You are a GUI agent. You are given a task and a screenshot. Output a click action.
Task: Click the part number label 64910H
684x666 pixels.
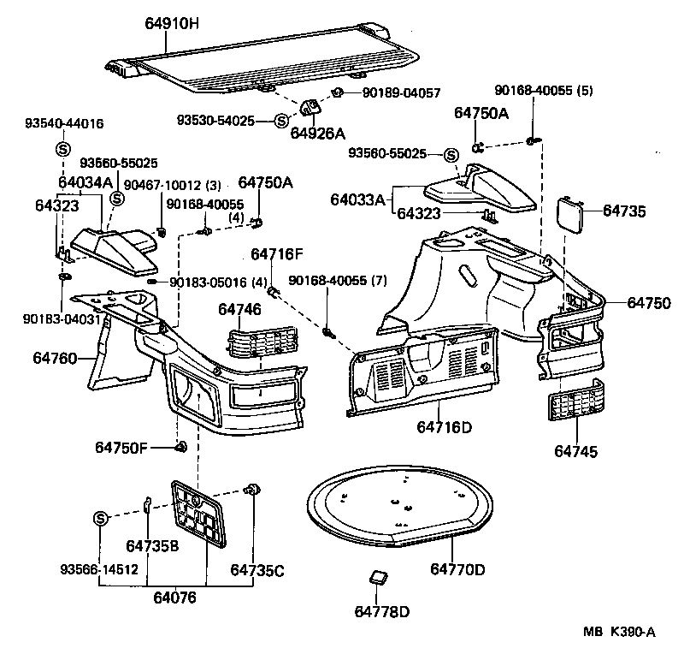point(172,26)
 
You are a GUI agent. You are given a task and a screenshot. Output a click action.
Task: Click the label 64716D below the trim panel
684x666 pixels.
point(445,426)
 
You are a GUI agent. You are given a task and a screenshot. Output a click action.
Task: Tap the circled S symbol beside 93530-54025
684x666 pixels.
point(282,122)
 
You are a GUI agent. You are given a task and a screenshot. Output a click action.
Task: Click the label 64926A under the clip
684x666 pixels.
point(317,134)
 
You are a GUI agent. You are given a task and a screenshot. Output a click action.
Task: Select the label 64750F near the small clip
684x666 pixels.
point(121,447)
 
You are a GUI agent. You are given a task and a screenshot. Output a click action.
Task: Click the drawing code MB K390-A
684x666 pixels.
point(618,632)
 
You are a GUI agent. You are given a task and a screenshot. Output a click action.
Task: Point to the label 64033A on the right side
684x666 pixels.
point(357,200)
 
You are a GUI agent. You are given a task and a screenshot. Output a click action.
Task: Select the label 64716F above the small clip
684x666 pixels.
point(277,254)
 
